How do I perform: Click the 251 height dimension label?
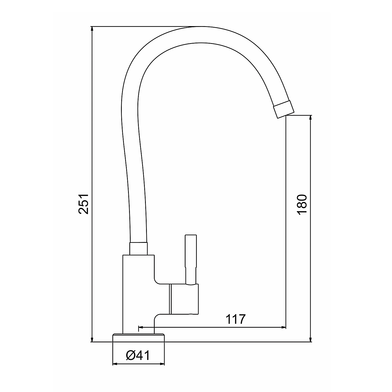84,204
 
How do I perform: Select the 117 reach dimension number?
236,319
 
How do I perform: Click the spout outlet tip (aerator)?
284,109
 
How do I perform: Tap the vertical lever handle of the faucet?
191,259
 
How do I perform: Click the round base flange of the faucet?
139,338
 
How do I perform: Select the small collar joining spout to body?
139,249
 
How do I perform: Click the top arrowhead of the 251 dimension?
92,29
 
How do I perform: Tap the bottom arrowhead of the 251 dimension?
92,339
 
